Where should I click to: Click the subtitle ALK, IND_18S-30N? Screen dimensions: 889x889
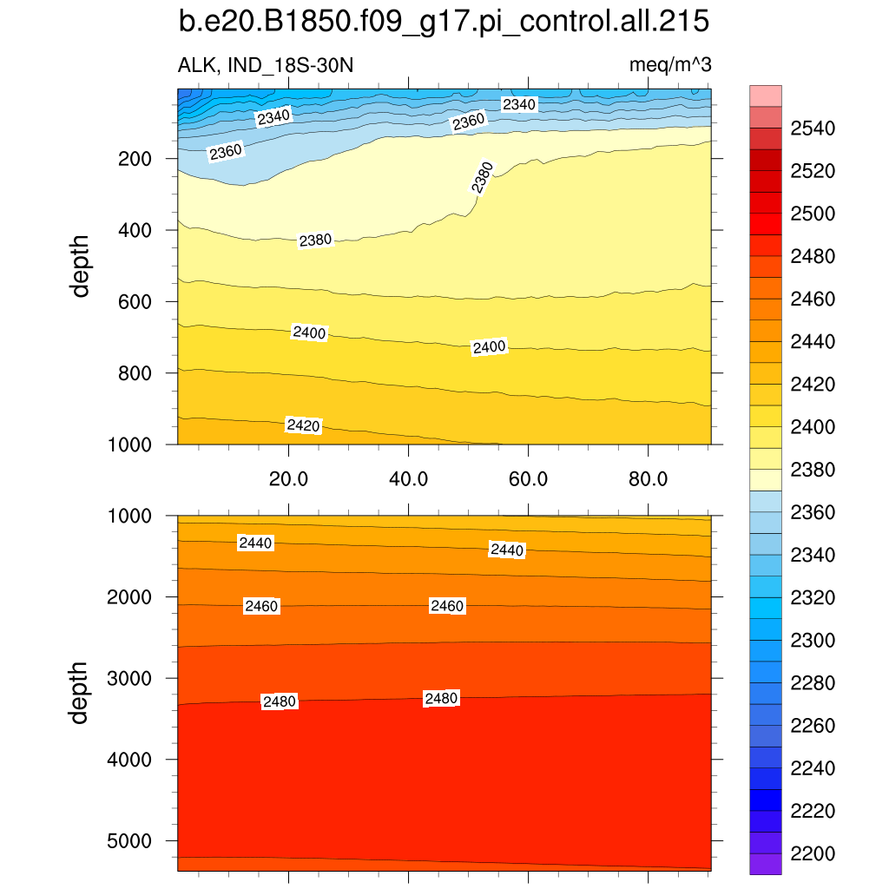(x=266, y=65)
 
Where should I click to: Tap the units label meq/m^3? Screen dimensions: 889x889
(x=671, y=65)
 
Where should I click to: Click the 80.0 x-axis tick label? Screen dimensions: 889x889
(x=648, y=478)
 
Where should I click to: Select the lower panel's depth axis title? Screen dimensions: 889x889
(x=81, y=693)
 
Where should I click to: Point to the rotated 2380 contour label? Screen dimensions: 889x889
(x=482, y=177)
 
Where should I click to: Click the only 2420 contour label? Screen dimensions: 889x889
(x=304, y=425)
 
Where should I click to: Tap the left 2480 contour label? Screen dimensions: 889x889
(x=280, y=701)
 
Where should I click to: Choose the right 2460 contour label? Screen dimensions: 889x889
(x=447, y=606)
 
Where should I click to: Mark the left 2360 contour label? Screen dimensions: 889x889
(x=226, y=152)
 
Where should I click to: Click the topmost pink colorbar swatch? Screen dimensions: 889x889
(x=766, y=95)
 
